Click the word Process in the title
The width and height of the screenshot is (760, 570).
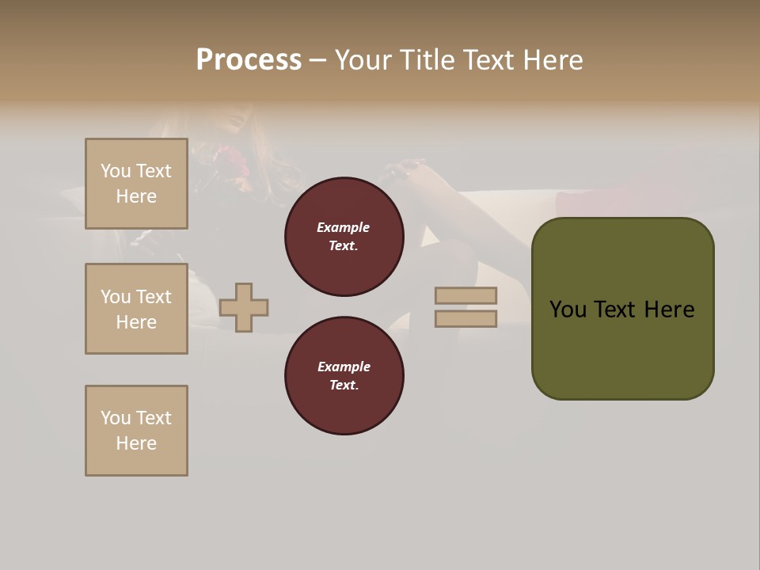[x=249, y=60]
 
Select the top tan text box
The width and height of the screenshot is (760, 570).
[x=136, y=184]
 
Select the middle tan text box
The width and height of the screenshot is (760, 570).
[x=136, y=309]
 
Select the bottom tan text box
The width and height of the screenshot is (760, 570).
[x=136, y=431]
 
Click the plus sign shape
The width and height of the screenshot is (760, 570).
[x=244, y=307]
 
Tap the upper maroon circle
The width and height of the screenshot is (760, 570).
[x=344, y=237]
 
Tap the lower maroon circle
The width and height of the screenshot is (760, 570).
[x=344, y=376]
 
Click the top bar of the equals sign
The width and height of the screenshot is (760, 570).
[x=465, y=296]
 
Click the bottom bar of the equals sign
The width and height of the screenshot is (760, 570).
[x=465, y=319]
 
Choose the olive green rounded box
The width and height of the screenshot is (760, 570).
[x=622, y=309]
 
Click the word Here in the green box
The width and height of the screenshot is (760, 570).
[x=669, y=310]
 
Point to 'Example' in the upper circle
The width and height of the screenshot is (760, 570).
[x=344, y=227]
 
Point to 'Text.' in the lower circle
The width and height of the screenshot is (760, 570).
[x=344, y=386]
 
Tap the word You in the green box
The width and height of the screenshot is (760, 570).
[x=568, y=310]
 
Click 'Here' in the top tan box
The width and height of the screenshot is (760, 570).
[x=136, y=196]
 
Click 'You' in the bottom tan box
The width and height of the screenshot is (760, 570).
[x=116, y=418]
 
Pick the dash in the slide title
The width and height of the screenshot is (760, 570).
[x=318, y=60]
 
